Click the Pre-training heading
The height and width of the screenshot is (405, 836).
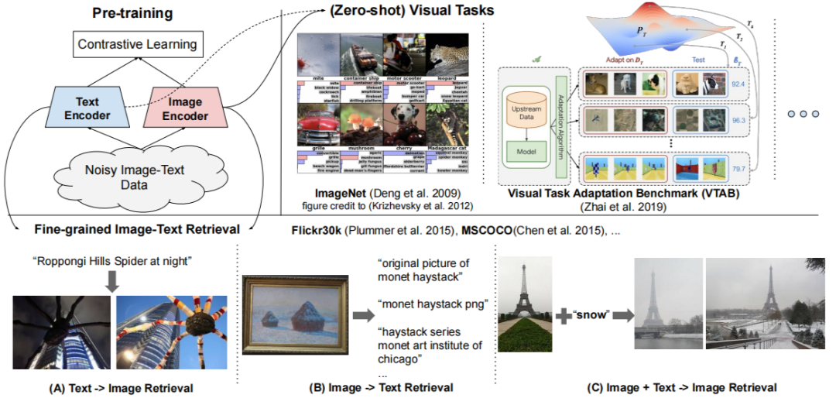click(132, 13)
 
